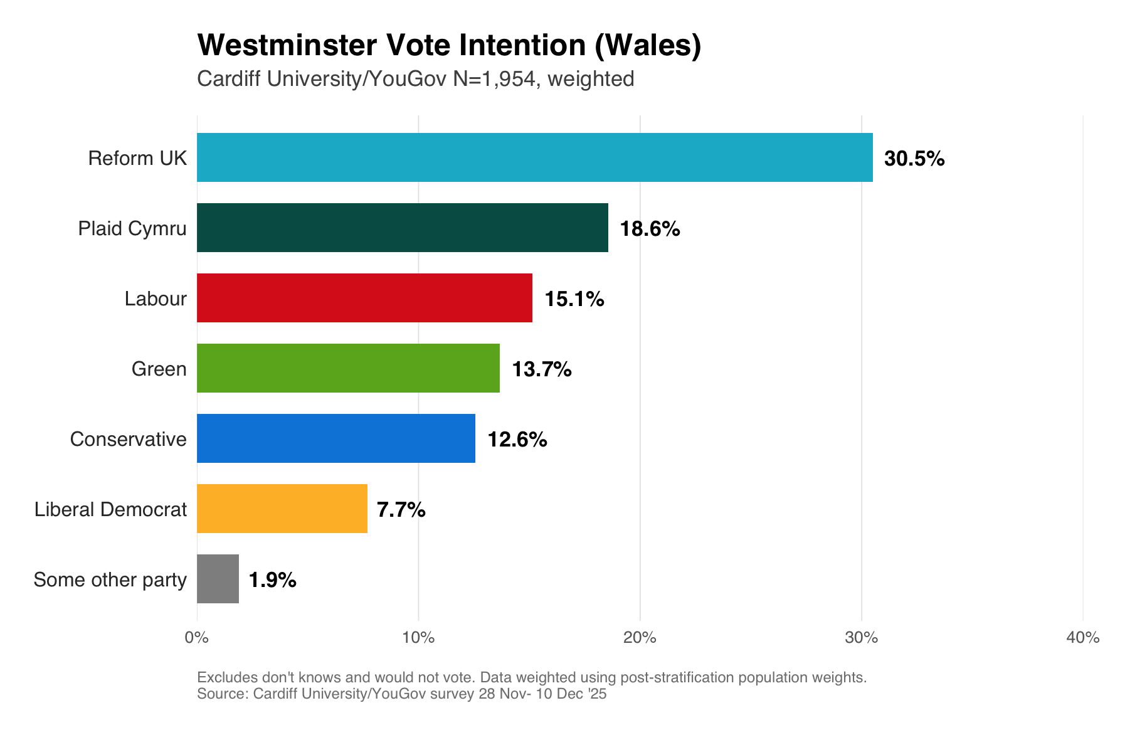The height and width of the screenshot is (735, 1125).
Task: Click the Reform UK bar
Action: [534, 157]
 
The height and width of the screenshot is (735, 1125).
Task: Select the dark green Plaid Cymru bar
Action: [402, 228]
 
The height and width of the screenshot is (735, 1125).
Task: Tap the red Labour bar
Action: [364, 298]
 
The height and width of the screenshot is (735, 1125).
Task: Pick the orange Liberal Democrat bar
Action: [282, 509]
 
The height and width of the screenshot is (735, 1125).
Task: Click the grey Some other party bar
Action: [218, 579]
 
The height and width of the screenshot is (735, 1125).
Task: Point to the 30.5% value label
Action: [914, 159]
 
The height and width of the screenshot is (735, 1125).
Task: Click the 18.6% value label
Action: [650, 229]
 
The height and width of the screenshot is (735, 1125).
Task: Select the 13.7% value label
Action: [541, 369]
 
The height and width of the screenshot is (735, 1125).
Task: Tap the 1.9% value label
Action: [272, 580]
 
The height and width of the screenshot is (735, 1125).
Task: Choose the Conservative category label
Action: [128, 439]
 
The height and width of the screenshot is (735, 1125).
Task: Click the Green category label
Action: [159, 369]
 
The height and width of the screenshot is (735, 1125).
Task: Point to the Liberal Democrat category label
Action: [110, 509]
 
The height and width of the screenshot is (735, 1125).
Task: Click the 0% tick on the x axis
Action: [197, 638]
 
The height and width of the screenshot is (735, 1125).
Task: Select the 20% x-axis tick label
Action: [640, 638]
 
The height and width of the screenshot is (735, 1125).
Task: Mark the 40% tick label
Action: [1082, 638]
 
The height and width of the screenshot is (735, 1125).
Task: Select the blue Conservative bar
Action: [335, 438]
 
